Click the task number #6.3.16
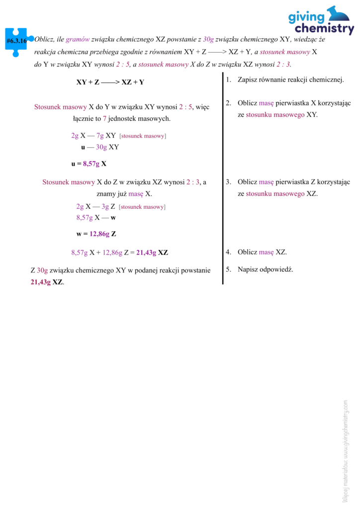click(17, 41)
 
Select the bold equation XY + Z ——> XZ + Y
click(110, 82)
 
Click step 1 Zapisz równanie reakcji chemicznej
click(290, 80)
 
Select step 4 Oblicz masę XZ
click(262, 252)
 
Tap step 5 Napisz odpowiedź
click(265, 269)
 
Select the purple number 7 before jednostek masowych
click(105, 119)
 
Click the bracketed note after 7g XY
click(143, 136)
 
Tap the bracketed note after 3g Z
click(142, 206)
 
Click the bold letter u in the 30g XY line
click(83, 147)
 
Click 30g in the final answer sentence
click(42, 270)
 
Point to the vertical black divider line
click(223, 179)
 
